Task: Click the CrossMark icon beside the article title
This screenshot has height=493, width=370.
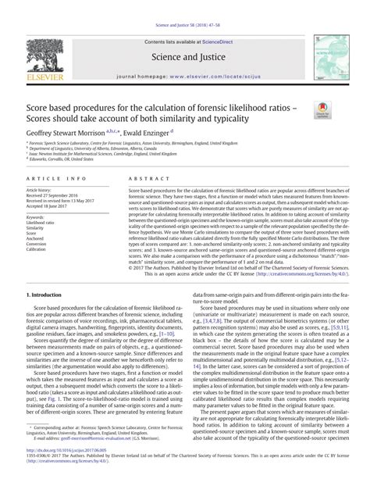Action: [320, 110]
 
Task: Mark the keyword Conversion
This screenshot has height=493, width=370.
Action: [37, 245]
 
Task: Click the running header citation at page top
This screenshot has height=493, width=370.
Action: [184, 6]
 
